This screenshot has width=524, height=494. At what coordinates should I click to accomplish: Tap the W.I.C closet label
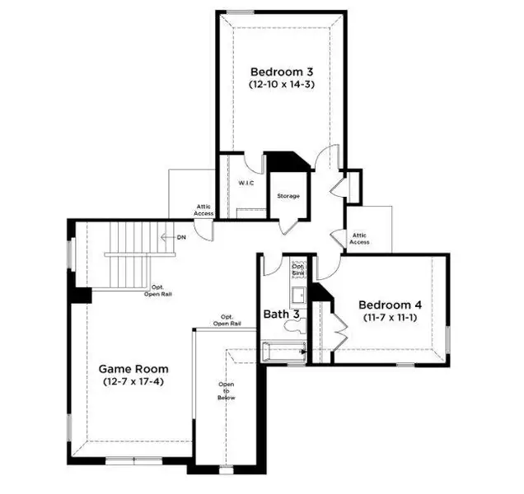point(246,183)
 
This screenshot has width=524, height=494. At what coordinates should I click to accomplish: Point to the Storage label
point(288,196)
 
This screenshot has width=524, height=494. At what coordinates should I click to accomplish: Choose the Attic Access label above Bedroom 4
point(359,238)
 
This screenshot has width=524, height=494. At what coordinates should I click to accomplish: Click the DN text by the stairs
point(180,237)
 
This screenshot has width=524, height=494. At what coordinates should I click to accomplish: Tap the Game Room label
point(133,369)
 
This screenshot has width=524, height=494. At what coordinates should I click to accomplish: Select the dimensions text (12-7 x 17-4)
point(133,382)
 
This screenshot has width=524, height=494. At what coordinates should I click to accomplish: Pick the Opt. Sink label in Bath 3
point(298,271)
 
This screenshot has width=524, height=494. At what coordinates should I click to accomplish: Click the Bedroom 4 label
point(391,304)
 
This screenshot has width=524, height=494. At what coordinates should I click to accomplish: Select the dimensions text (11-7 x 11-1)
point(391,317)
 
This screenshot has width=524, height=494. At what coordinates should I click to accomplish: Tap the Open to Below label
point(227,391)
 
